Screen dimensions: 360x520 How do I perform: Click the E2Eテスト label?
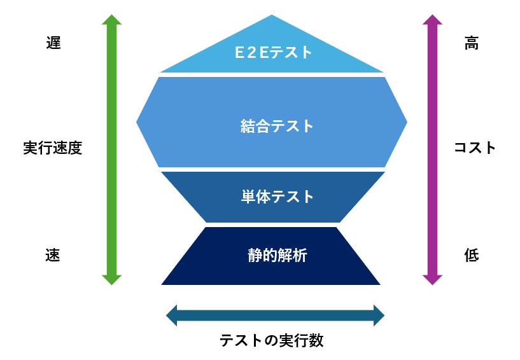pyautogui.click(x=274, y=52)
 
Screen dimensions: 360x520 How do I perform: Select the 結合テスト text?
pyautogui.click(x=278, y=126)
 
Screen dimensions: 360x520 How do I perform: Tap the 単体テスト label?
pyautogui.click(x=278, y=197)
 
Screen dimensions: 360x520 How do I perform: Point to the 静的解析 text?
pyautogui.click(x=278, y=256)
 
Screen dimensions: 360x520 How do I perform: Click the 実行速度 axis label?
pyautogui.click(x=53, y=148)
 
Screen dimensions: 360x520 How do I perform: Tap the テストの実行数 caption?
pyautogui.click(x=272, y=341)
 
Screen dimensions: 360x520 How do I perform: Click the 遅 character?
pyautogui.click(x=53, y=44)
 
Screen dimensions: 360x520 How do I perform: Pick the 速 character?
pyautogui.click(x=53, y=256)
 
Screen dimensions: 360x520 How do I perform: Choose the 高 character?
pyautogui.click(x=472, y=44)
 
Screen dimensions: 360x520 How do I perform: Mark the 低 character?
pyautogui.click(x=472, y=256)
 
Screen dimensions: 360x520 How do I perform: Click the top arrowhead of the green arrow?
pyautogui.click(x=111, y=20)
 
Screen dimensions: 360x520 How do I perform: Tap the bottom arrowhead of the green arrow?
pyautogui.click(x=111, y=280)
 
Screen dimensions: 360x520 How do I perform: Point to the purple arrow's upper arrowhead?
pyautogui.click(x=432, y=20)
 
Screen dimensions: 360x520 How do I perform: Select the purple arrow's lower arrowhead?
pyautogui.click(x=432, y=280)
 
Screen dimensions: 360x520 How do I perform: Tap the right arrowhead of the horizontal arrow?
pyautogui.click(x=379, y=315)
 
